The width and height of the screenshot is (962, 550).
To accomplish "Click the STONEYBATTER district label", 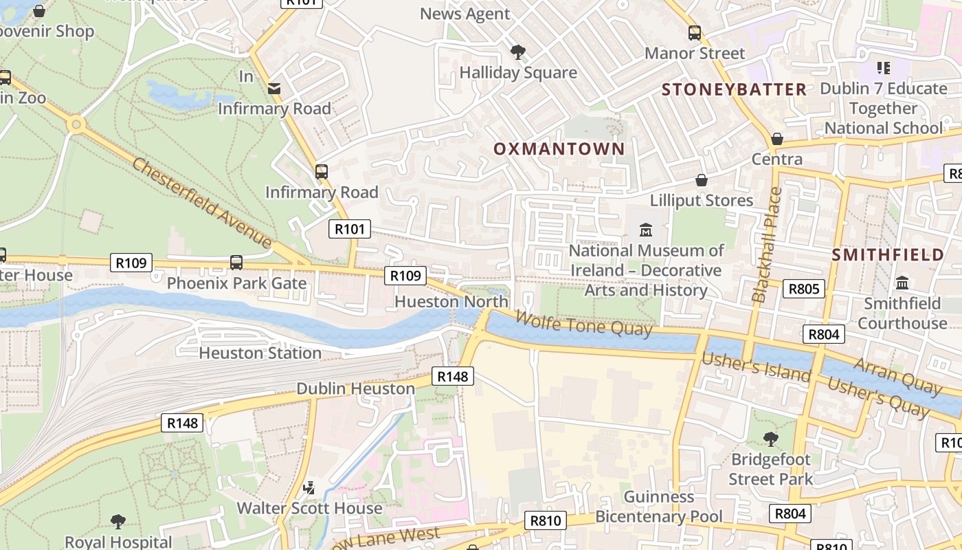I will tap(734, 89).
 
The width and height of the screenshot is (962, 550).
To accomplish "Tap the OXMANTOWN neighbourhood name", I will tap(559, 148).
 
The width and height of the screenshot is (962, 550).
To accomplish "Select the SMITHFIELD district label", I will tap(888, 255).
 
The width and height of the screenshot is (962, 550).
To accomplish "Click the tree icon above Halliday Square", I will tap(517, 52).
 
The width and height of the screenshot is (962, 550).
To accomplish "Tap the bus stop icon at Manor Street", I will tap(695, 32).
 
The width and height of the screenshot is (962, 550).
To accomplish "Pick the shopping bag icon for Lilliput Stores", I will tap(702, 180).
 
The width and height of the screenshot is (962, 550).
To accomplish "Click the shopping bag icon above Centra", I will tap(777, 139).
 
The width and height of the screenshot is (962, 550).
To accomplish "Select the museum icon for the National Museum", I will tap(646, 230).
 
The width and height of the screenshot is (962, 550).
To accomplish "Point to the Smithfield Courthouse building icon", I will tap(902, 283).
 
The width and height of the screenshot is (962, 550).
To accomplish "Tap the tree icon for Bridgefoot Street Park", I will tap(771, 439).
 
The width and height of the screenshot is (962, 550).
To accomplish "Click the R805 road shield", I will tap(803, 288).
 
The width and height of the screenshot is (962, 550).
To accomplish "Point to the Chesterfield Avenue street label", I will tap(202, 202).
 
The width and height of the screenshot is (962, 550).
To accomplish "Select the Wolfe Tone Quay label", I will tap(583, 323).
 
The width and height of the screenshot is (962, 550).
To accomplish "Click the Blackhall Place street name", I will tap(768, 245).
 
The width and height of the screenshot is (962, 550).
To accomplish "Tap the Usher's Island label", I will tap(756, 367).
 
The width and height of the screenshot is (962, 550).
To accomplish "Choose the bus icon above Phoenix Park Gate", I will tap(236, 262).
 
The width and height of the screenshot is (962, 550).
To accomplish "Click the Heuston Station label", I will tap(260, 353).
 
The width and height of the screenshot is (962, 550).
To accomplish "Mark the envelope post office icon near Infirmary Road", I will tap(274, 88).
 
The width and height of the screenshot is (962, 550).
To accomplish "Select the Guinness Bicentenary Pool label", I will tap(659, 507).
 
